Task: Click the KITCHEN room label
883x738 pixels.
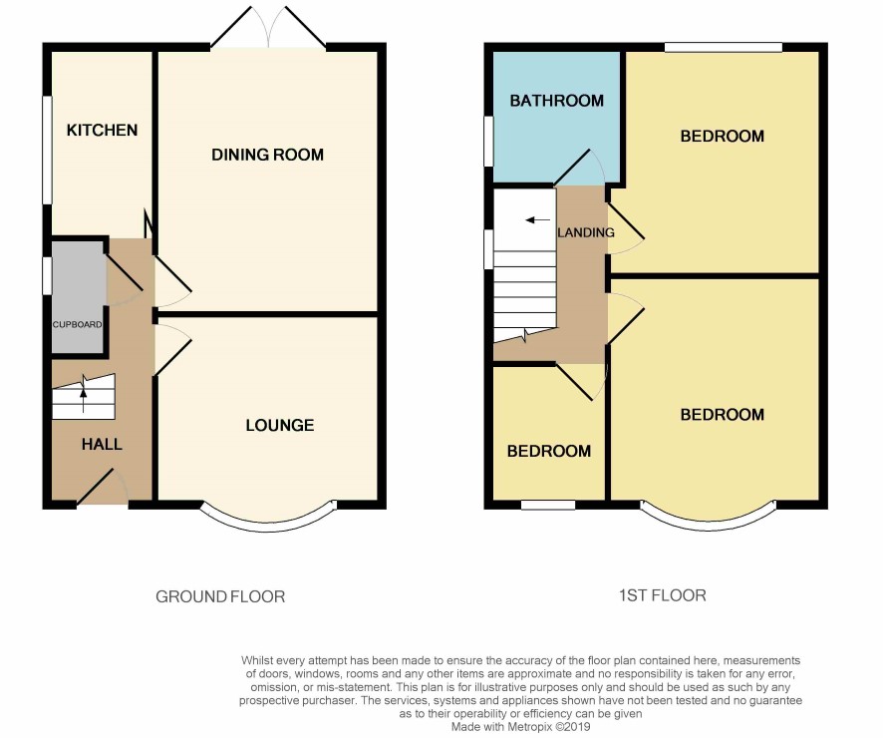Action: [102, 130]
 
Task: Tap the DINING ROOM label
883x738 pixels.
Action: [267, 155]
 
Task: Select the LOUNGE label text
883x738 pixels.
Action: [280, 425]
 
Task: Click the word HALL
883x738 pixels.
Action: [102, 445]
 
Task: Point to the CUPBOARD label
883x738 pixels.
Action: [77, 324]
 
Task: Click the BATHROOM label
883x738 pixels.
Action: [556, 101]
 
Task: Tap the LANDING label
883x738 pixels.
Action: [586, 232]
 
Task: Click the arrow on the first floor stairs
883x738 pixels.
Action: [538, 219]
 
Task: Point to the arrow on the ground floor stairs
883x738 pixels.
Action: [84, 393]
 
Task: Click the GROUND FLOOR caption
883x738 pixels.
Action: [220, 596]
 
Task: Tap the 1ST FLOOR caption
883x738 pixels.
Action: [662, 595]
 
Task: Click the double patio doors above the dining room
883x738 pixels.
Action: [269, 27]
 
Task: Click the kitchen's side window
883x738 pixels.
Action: [48, 150]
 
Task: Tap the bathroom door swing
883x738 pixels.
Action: [579, 168]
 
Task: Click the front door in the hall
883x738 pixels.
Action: [102, 486]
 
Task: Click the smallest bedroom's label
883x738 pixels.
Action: [549, 451]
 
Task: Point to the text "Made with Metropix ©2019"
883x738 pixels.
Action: [520, 727]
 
